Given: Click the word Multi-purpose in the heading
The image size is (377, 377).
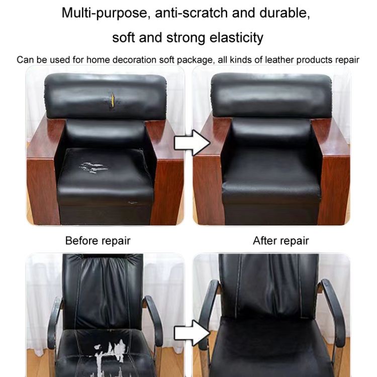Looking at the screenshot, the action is tap(104, 13).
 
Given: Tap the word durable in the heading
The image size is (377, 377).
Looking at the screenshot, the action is tap(285, 13).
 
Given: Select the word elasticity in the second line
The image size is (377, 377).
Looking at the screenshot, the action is tap(236, 38).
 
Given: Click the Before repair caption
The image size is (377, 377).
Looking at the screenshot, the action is tap(98, 241).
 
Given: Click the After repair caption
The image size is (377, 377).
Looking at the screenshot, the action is tap(281, 241).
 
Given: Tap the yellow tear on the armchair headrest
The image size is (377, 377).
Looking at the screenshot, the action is tap(112, 100).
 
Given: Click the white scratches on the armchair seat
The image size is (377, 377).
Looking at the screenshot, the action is tap(92, 167).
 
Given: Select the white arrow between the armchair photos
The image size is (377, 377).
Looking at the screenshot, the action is tap(192, 143).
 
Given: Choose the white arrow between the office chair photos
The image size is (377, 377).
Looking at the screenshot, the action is tap(192, 333).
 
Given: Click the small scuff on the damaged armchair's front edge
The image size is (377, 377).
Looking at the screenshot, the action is tap(133, 203).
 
